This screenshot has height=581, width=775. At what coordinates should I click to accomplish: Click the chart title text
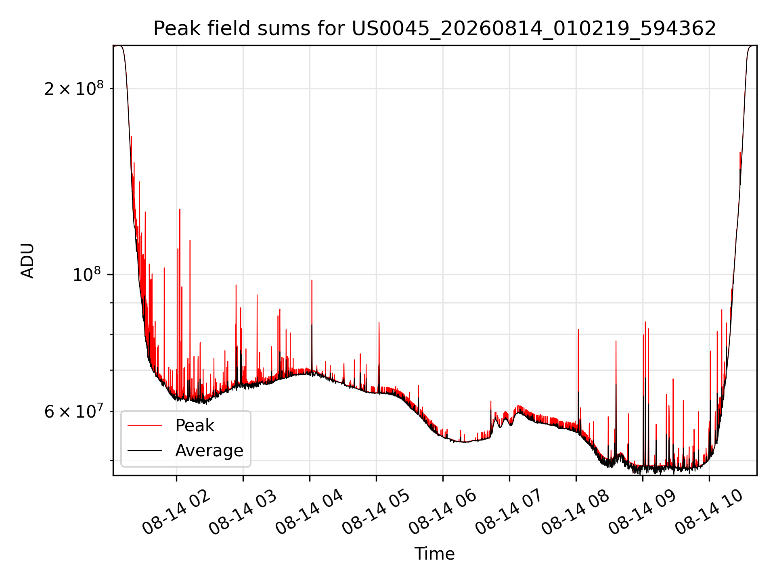(x=435, y=29)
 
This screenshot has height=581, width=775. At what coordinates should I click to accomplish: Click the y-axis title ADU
(x=28, y=261)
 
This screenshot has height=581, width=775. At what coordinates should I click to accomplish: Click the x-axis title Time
(x=435, y=554)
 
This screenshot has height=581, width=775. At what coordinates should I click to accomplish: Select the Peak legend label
(x=195, y=426)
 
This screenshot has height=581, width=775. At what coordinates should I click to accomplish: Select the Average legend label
(x=209, y=451)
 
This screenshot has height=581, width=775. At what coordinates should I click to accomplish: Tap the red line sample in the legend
(x=145, y=426)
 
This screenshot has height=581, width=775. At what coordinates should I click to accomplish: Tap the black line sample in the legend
(x=145, y=451)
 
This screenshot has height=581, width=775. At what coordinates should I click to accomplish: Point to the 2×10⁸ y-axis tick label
(x=74, y=88)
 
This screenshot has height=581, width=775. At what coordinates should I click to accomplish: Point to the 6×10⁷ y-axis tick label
(x=74, y=412)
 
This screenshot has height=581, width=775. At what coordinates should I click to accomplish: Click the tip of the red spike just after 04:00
(x=312, y=280)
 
